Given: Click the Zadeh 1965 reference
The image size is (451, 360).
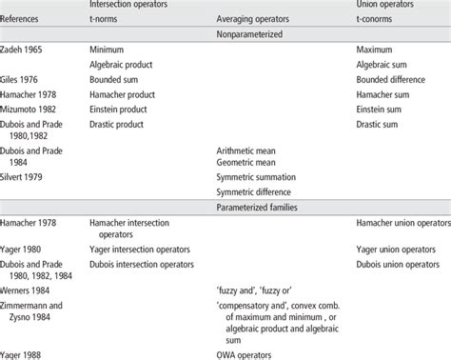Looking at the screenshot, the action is pos(26,49).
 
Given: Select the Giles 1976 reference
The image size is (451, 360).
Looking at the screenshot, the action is pos(24,78).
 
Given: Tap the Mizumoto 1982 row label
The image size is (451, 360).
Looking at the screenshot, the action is pos(32,109).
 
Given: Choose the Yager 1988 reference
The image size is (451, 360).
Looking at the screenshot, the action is pos(24,353).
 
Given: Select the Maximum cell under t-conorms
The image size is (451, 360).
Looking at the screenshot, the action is pos(376,49).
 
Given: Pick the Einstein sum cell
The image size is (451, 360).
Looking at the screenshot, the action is pos(382,109).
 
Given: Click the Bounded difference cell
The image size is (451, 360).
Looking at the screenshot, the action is pos(396,78).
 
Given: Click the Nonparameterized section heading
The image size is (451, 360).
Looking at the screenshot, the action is pos(260,31).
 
